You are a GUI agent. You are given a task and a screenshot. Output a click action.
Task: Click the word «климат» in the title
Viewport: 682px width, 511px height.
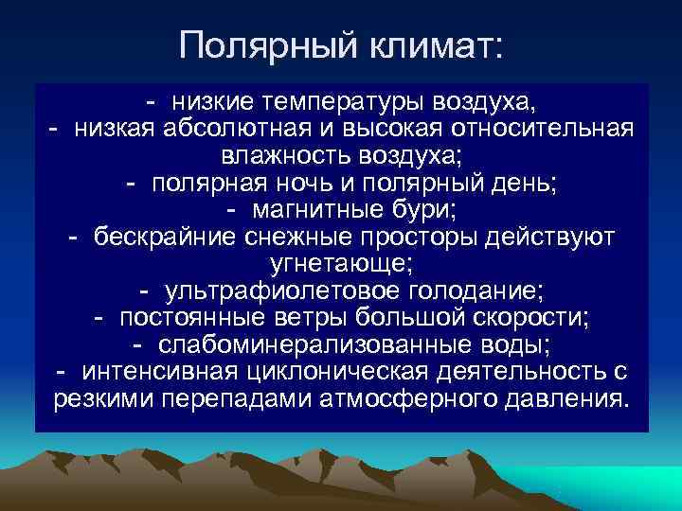(430, 44)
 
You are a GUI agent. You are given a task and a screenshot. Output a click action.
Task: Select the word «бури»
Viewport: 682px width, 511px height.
(430, 209)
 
